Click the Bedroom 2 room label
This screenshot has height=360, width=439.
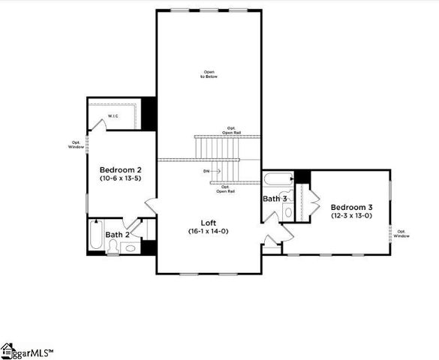pyautogui.click(x=121, y=171)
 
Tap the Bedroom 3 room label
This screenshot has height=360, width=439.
pyautogui.click(x=352, y=207)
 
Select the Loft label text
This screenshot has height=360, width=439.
pyautogui.click(x=209, y=223)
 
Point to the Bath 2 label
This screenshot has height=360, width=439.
pyautogui.click(x=118, y=235)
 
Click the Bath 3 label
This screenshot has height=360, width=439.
pyautogui.click(x=274, y=199)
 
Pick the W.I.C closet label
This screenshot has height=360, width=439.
pyautogui.click(x=114, y=116)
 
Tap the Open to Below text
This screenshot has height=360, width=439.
pyautogui.click(x=209, y=74)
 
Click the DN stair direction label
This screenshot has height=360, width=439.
pyautogui.click(x=206, y=171)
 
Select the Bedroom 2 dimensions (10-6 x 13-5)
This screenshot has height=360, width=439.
pyautogui.click(x=121, y=180)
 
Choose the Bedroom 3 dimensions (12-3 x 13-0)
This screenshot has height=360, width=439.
pyautogui.click(x=352, y=216)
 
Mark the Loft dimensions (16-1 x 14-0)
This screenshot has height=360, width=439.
pyautogui.click(x=209, y=232)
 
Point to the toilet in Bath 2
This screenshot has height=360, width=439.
pyautogui.click(x=112, y=248)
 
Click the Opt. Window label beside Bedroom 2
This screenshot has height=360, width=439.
pyautogui.click(x=77, y=144)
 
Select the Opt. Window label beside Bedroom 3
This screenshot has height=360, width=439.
pyautogui.click(x=402, y=233)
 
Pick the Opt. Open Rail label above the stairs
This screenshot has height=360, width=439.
pyautogui.click(x=231, y=130)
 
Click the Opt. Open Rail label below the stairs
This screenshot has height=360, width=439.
pyautogui.click(x=224, y=189)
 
